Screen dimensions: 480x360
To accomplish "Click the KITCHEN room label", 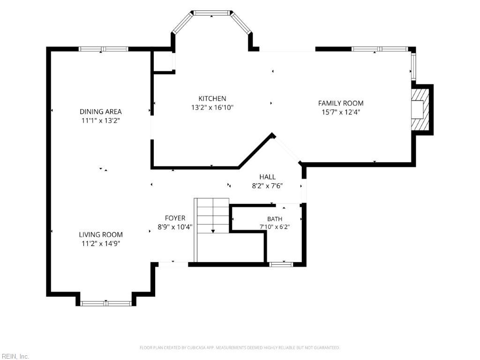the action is [x=212, y=98].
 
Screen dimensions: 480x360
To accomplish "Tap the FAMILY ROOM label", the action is [x=341, y=103].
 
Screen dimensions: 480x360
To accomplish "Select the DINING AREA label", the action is [x=100, y=112].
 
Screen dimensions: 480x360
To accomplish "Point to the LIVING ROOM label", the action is [x=101, y=235].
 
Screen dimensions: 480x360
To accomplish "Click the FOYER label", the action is [x=175, y=218].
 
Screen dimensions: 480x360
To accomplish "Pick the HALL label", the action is [x=268, y=177].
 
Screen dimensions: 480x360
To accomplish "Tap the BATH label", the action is [x=275, y=219].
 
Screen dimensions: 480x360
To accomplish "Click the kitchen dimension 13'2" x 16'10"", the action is [x=212, y=107].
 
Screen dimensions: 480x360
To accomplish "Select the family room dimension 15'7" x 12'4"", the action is [x=341, y=112].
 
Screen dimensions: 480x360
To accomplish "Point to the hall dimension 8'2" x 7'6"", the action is [x=267, y=186].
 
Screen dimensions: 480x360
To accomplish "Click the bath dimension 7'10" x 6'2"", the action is [x=275, y=227].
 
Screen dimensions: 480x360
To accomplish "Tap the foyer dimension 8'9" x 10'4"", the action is [x=175, y=227].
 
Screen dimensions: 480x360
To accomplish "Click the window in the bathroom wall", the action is [x=281, y=264].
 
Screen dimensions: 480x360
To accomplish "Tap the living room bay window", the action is [x=106, y=303].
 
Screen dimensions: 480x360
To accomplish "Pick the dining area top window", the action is [x=103, y=49].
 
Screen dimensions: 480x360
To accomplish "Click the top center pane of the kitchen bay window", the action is [x=212, y=13].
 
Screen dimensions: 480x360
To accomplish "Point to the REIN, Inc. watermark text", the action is [x=15, y=356].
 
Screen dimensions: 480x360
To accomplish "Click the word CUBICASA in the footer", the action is [x=199, y=348].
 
